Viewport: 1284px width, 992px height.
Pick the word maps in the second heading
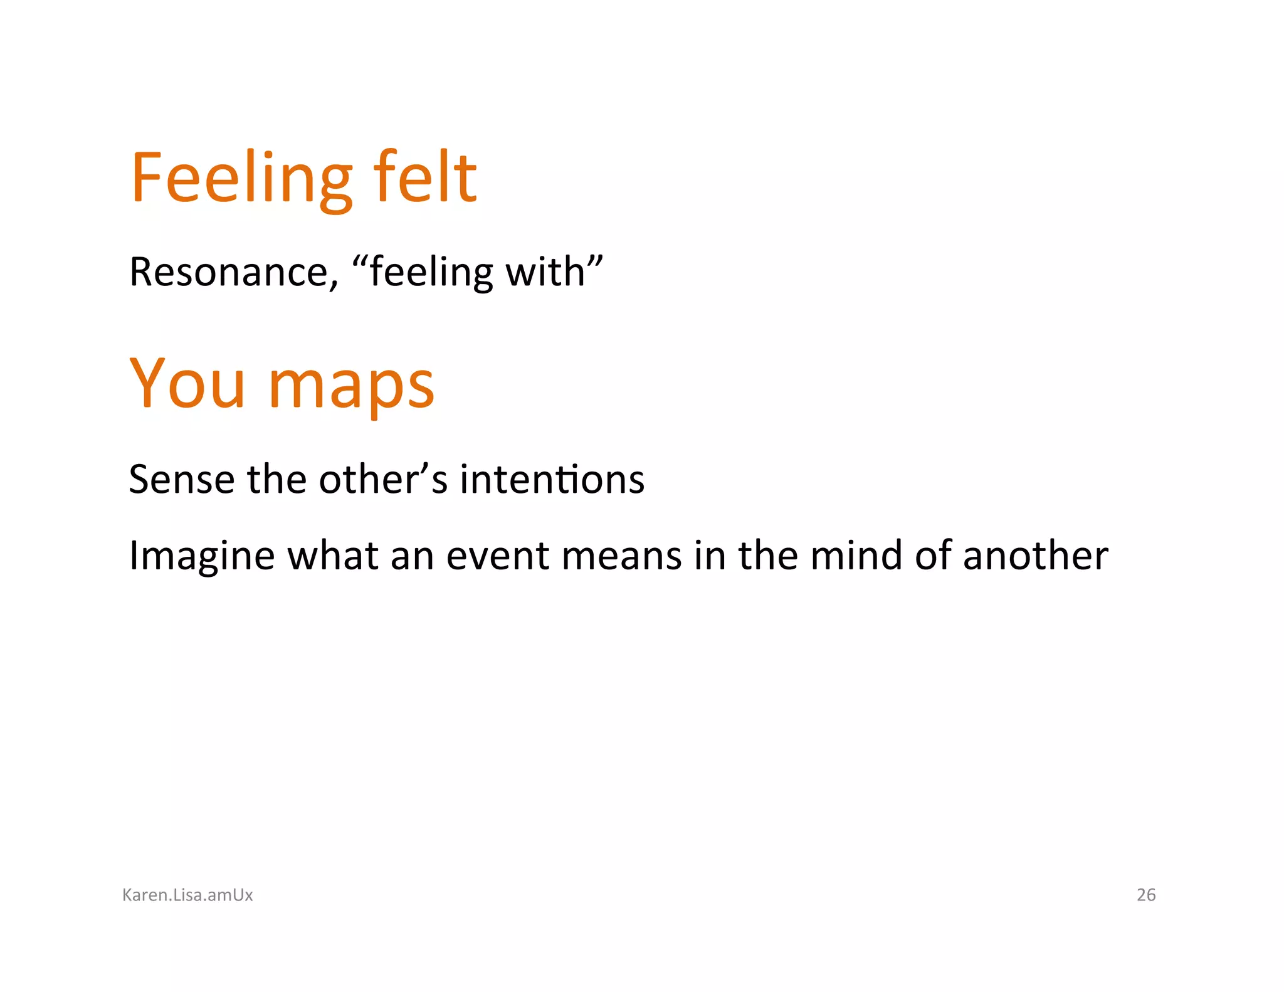pyautogui.click(x=351, y=386)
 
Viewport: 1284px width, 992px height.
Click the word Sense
pyautogui.click(x=181, y=480)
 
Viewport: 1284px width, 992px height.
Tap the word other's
pyautogui.click(x=383, y=480)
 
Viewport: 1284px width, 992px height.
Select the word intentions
pyautogui.click(x=552, y=480)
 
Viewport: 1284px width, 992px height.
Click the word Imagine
pyautogui.click(x=201, y=557)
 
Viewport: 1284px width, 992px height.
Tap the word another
pyautogui.click(x=1035, y=556)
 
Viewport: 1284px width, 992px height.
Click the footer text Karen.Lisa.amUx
pyautogui.click(x=187, y=895)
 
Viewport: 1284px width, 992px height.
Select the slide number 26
pyautogui.click(x=1146, y=895)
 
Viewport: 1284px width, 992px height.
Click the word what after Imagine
pyautogui.click(x=332, y=556)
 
